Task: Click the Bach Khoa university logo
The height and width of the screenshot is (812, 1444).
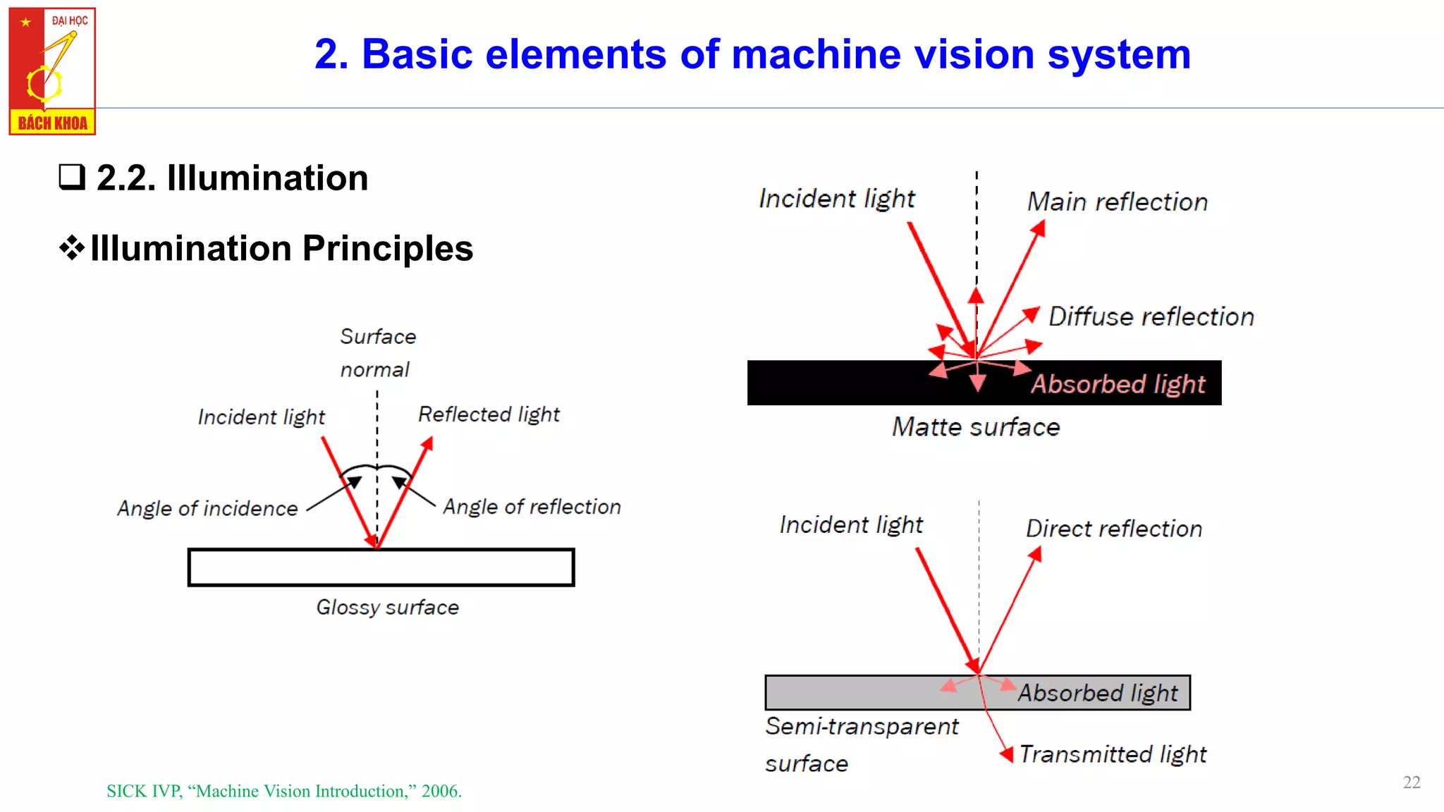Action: coord(52,70)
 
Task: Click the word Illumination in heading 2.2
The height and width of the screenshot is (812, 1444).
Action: coord(267,178)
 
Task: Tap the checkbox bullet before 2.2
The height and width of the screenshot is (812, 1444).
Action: coord(71,177)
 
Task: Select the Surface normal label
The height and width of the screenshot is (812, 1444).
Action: coord(377,352)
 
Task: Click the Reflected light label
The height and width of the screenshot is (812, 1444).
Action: coord(489,414)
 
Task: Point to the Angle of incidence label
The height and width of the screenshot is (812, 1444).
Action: coord(207,508)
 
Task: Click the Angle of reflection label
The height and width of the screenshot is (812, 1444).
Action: coord(532,507)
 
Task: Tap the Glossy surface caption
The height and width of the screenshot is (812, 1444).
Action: coord(387,607)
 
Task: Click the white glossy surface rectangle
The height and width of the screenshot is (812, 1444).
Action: coord(381,567)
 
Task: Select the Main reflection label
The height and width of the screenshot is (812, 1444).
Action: coord(1117,202)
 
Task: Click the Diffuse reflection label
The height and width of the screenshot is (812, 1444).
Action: coord(1151,317)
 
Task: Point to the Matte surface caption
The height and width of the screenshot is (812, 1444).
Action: coord(976,427)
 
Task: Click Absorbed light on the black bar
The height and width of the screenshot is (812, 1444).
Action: coord(1118,384)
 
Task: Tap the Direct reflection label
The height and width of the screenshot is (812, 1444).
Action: coord(1113,529)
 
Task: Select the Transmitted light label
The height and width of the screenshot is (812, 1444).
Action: coord(1113,754)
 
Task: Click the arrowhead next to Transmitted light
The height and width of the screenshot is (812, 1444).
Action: coord(1007,754)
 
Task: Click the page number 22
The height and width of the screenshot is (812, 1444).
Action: coord(1411,782)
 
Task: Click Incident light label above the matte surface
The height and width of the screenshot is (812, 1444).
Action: coord(836,199)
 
